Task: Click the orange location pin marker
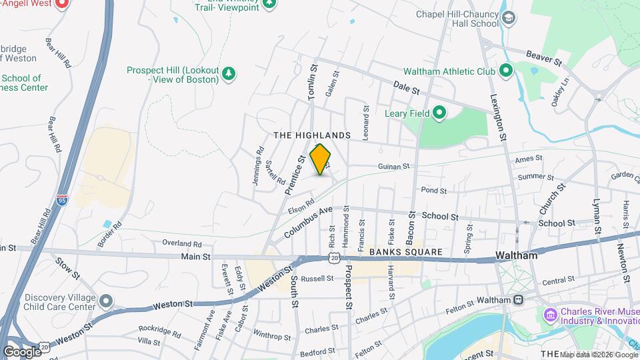(x=321, y=159)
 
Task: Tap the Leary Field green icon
(x=439, y=113)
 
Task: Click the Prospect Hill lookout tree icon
(x=229, y=73)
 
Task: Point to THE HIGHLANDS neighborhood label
(x=312, y=135)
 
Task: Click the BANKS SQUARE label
(x=405, y=252)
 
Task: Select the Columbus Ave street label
(x=308, y=223)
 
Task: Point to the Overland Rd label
(x=181, y=244)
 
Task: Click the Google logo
(x=22, y=351)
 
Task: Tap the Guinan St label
(x=393, y=167)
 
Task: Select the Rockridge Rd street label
(x=160, y=330)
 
